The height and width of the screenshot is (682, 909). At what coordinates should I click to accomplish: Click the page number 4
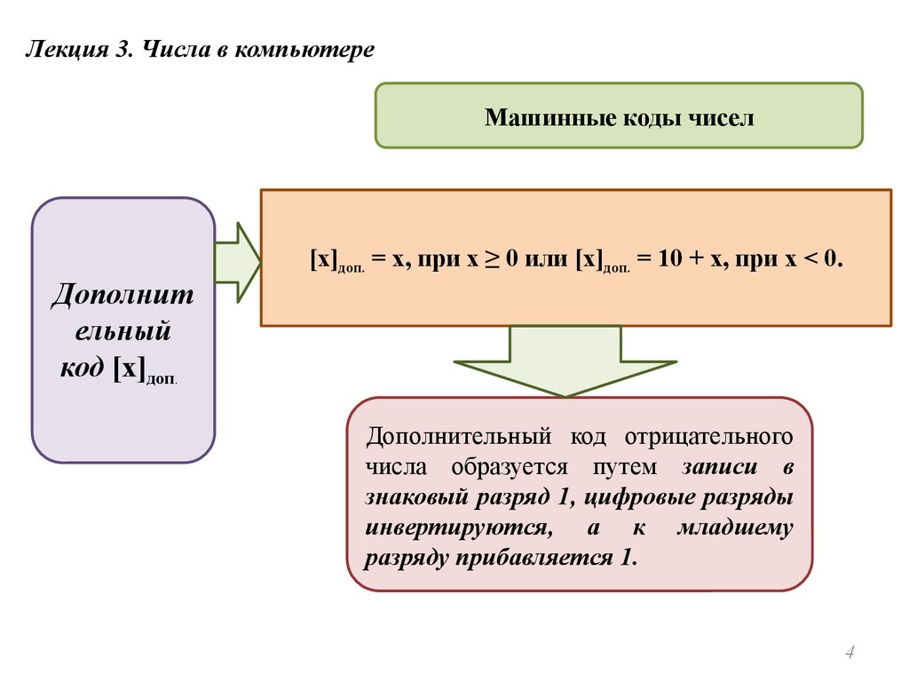pyautogui.click(x=849, y=654)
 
